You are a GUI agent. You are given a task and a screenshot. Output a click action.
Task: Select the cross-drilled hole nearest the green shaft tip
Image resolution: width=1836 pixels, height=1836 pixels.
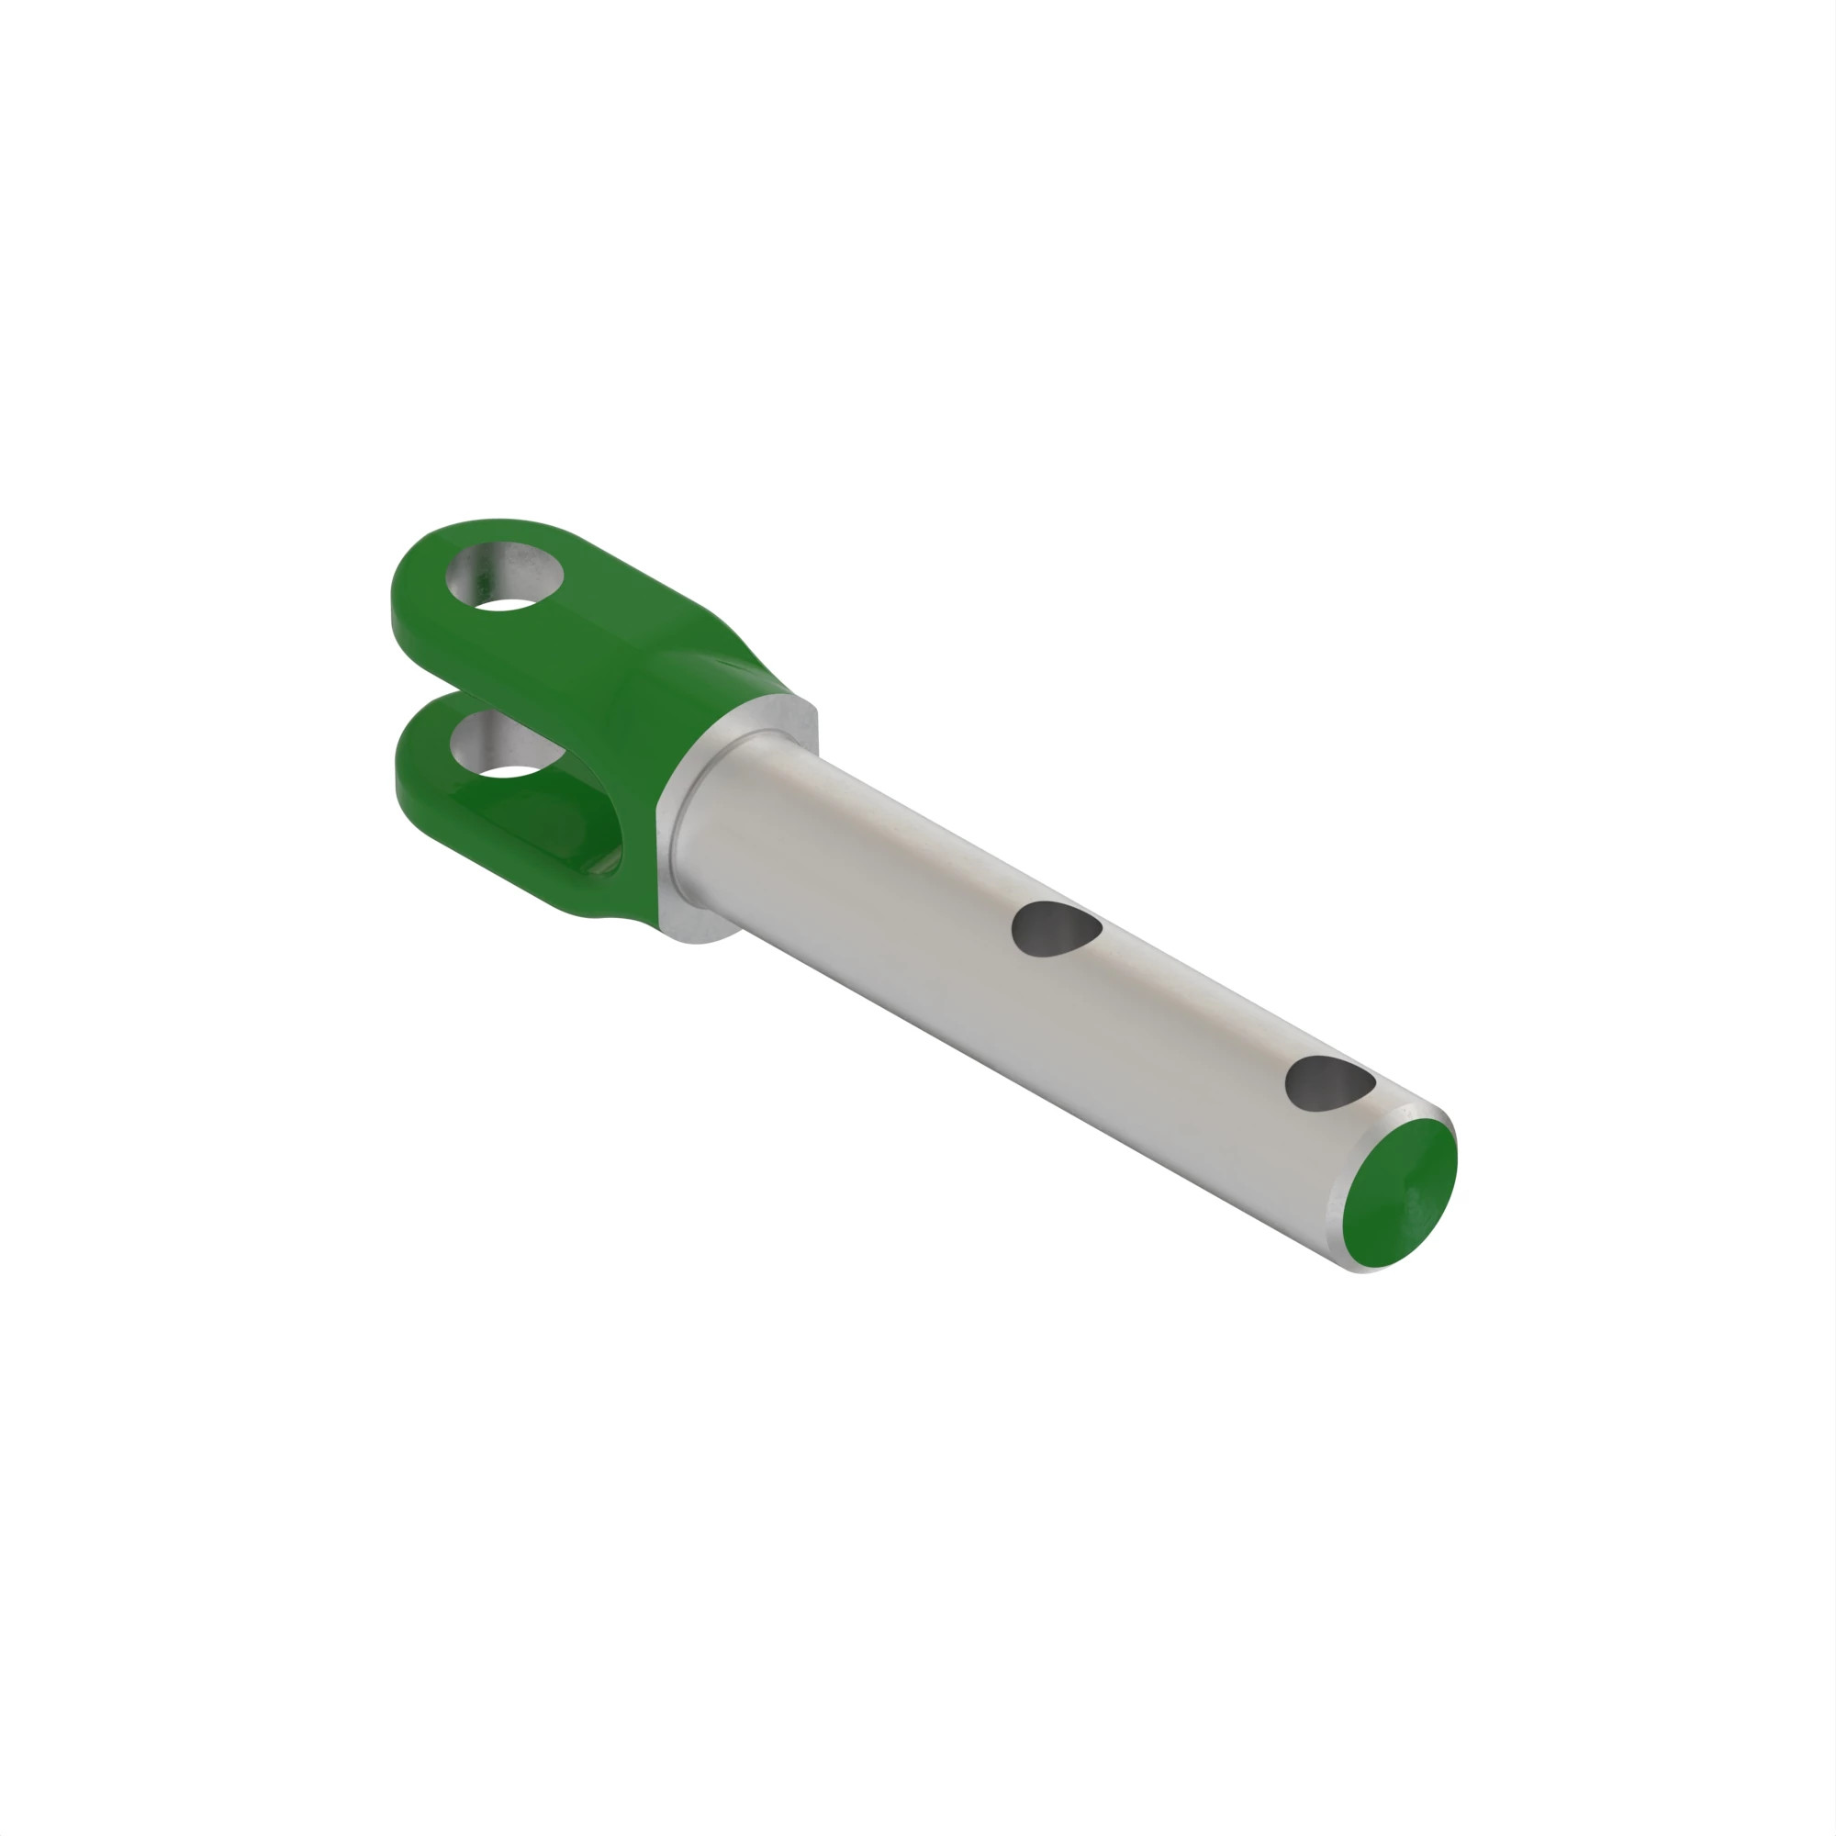pos(1328,1083)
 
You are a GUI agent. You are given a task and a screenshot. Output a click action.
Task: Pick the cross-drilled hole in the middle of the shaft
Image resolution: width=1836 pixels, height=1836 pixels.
pos(1055,928)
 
